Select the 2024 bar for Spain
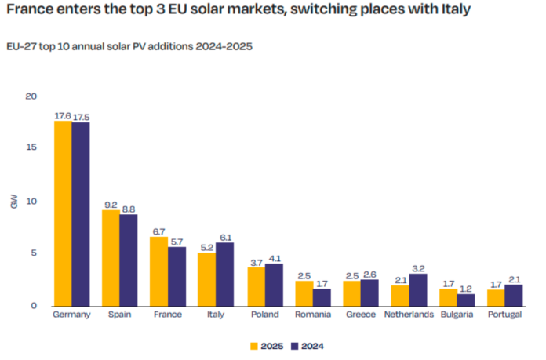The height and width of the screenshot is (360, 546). click(x=128, y=260)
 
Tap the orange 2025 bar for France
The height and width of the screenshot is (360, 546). click(x=159, y=271)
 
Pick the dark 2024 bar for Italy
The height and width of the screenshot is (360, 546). click(x=224, y=274)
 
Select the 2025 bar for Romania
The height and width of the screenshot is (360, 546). click(x=304, y=293)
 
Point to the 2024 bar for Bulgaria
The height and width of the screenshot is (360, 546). click(x=467, y=300)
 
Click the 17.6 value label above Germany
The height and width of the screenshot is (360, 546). click(x=63, y=116)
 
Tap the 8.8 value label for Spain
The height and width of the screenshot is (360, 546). click(x=129, y=209)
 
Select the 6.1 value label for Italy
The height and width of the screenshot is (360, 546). click(x=225, y=237)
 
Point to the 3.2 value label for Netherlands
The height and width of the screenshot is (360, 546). click(x=419, y=267)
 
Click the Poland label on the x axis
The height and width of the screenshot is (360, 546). click(x=264, y=315)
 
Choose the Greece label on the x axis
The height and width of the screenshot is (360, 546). click(x=360, y=315)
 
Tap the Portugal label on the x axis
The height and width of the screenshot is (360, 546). click(x=504, y=315)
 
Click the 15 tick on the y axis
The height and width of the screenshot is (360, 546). click(x=31, y=148)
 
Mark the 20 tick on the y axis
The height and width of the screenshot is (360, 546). click(x=31, y=96)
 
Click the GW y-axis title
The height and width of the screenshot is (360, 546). click(x=14, y=201)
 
